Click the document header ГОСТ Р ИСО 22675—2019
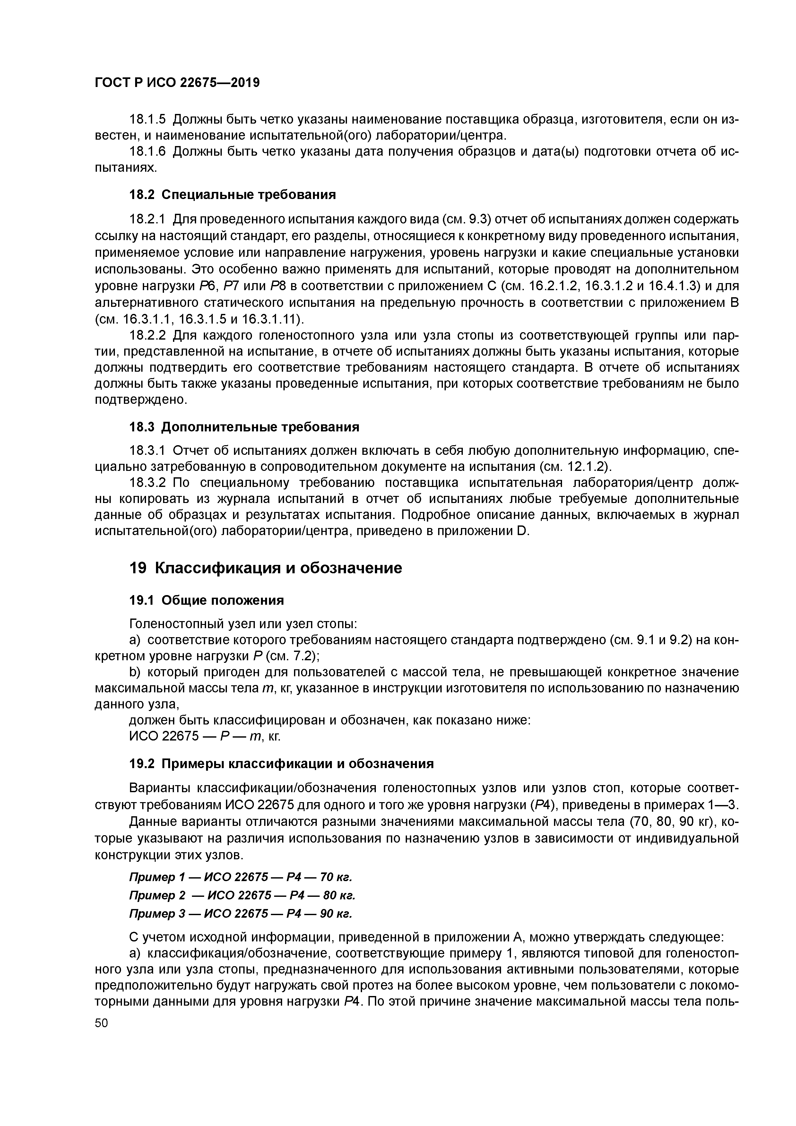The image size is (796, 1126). coord(177,83)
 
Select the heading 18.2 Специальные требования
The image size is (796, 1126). coord(232,195)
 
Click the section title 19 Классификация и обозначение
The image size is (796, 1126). coord(265,568)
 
